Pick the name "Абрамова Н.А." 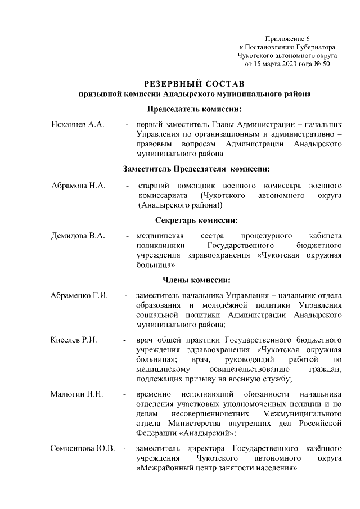pos(78,185)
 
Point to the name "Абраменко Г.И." pos(79,295)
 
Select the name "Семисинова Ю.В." pos(82,448)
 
